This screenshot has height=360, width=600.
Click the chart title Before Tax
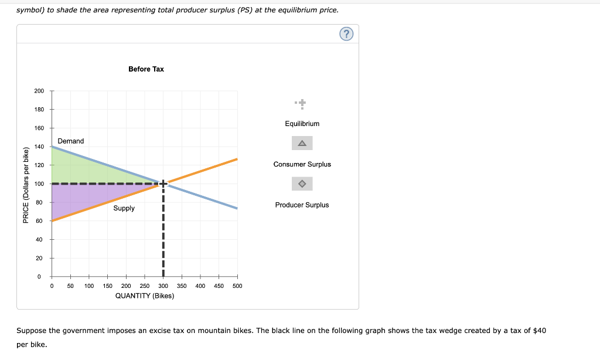click(x=146, y=69)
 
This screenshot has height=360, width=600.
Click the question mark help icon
click(x=346, y=35)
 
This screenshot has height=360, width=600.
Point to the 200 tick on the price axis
click(x=39, y=91)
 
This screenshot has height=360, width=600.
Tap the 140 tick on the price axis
click(x=39, y=147)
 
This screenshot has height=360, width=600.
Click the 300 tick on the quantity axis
click(x=163, y=286)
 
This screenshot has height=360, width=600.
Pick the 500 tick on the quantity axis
click(x=237, y=286)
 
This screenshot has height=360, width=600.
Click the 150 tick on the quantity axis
click(x=107, y=286)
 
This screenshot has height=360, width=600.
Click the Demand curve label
click(x=71, y=141)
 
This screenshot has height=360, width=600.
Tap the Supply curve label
click(x=124, y=208)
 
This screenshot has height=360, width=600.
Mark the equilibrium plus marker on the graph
click(x=163, y=184)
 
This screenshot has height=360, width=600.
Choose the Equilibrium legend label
click(x=302, y=124)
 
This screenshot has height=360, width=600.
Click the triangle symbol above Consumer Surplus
click(x=302, y=143)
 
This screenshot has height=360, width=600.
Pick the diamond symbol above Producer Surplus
click(x=302, y=184)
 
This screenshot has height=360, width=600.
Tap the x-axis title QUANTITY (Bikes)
click(x=145, y=296)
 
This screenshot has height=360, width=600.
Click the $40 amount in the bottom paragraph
click(x=540, y=331)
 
